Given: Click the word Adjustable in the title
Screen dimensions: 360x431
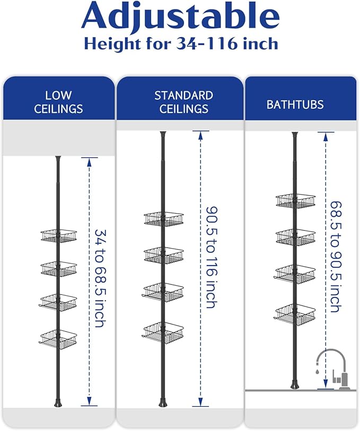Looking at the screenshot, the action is tap(181, 16).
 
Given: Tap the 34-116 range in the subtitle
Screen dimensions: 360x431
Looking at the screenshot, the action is tap(206, 43).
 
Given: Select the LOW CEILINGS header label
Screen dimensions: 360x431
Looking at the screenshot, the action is tap(58, 102).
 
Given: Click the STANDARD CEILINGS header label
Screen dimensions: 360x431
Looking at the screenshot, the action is tap(183, 102).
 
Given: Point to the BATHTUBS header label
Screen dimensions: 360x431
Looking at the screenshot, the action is tap(295, 104).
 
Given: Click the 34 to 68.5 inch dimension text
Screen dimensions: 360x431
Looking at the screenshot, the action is tap(100, 278).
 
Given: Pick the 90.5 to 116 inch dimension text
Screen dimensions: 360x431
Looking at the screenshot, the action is tap(212, 258).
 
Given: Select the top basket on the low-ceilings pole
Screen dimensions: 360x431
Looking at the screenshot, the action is tap(59, 236).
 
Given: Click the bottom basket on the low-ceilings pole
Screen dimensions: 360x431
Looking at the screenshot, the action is tap(58, 339).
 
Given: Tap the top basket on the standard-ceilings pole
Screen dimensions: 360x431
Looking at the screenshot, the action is tap(164, 218).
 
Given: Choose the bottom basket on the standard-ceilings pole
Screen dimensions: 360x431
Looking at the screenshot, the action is tap(163, 332).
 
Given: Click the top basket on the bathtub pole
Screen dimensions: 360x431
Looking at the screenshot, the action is tap(295, 200).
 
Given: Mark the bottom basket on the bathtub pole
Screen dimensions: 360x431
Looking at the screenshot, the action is tap(295, 314).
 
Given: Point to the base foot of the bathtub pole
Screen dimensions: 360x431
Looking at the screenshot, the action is tap(295, 384).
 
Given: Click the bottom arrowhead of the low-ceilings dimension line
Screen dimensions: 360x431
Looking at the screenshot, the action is tap(89, 402).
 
